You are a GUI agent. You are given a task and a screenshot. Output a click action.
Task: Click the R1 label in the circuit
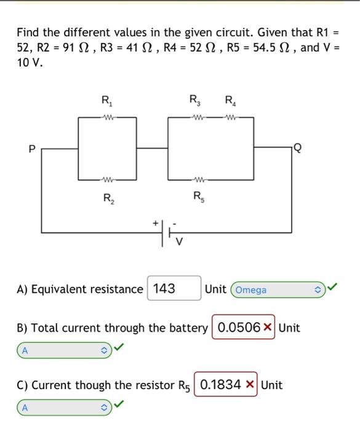coord(106,102)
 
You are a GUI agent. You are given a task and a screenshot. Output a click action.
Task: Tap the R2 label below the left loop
coord(107,198)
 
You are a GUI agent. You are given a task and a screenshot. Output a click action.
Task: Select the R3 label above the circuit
coord(195,102)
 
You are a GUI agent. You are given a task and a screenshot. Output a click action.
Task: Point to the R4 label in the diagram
coord(229,102)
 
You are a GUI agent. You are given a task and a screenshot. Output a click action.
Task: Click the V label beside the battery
coord(180,241)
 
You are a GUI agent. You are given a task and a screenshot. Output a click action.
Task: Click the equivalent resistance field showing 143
coord(173,288)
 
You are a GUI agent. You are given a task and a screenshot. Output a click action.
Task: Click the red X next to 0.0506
coord(268,328)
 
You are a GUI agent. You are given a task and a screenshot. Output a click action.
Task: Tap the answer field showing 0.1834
coord(222,385)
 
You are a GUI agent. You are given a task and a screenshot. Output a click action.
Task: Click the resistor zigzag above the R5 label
coord(199,181)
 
